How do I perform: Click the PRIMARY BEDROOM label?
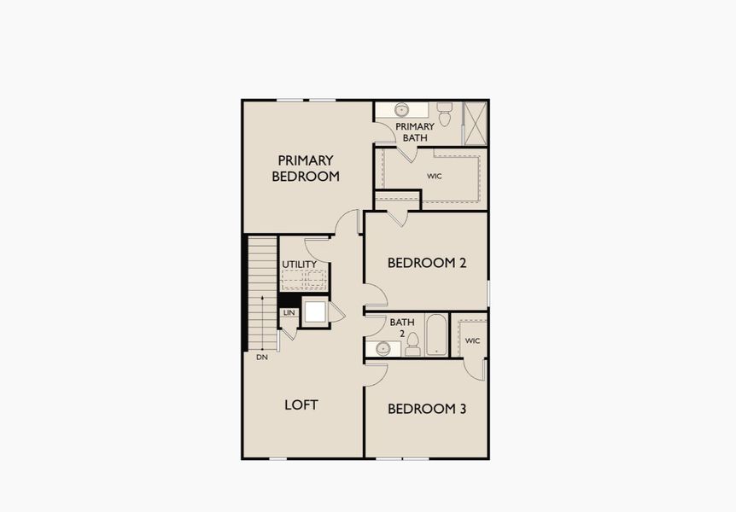(x=306, y=168)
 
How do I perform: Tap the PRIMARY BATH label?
(x=415, y=131)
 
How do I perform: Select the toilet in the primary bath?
(x=445, y=112)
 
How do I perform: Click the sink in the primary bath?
(x=402, y=110)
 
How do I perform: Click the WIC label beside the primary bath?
(x=435, y=177)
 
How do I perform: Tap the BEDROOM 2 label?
(x=426, y=263)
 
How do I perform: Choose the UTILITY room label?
(x=300, y=265)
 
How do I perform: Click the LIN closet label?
(x=289, y=313)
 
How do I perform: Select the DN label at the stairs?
(x=261, y=357)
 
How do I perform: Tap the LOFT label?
(x=301, y=404)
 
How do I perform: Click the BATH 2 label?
(x=402, y=327)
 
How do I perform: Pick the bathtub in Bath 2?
(x=435, y=335)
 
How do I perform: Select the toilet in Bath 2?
(x=413, y=344)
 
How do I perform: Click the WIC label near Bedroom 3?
(x=472, y=340)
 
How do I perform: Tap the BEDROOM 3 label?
(x=426, y=409)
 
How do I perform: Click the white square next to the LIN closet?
(x=316, y=311)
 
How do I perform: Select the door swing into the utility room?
(x=317, y=247)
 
